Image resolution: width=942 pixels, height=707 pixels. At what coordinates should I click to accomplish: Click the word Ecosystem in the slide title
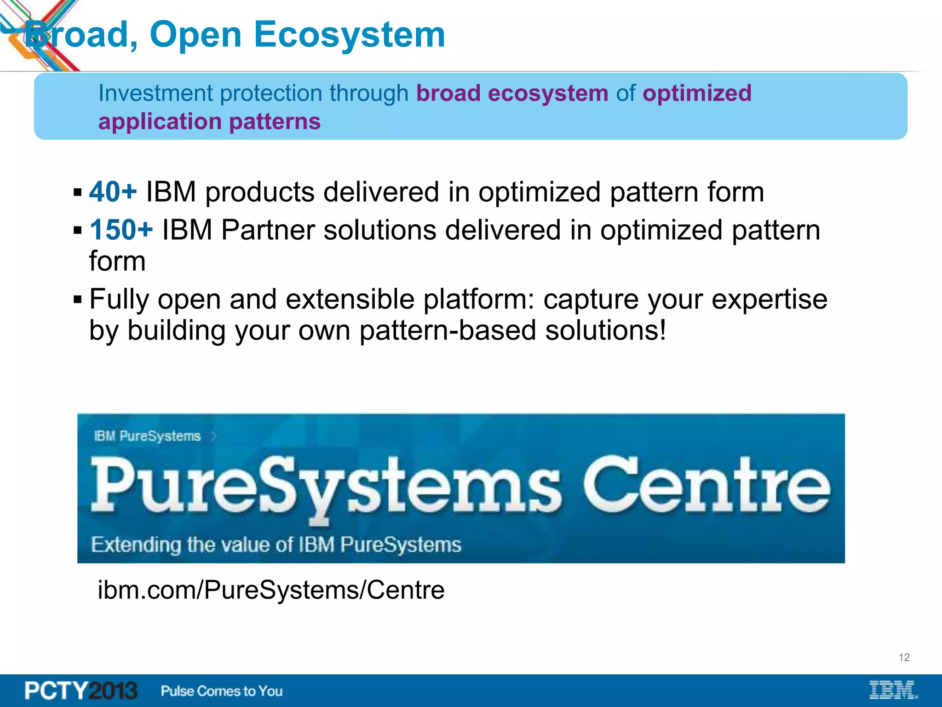(350, 35)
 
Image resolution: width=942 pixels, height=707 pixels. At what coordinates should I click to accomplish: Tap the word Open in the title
(195, 35)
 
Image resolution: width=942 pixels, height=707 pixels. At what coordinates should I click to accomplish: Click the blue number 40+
(113, 191)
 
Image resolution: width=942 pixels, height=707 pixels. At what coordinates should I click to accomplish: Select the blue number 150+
(121, 230)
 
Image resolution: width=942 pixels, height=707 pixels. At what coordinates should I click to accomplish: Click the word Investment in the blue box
(155, 93)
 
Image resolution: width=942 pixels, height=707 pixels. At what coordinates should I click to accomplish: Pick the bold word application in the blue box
(160, 122)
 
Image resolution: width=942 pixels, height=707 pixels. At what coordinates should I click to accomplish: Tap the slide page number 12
(904, 657)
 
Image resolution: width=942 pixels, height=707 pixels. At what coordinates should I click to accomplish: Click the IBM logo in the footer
(893, 690)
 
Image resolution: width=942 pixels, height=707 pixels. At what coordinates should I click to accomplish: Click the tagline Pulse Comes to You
(222, 691)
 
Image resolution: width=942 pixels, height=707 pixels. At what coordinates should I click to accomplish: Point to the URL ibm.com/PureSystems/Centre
(271, 590)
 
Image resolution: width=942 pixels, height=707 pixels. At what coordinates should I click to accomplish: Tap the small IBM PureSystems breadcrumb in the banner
(148, 436)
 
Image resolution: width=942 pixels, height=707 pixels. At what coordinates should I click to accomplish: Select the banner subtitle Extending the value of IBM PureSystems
(276, 545)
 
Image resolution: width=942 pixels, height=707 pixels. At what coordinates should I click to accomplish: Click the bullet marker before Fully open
(77, 300)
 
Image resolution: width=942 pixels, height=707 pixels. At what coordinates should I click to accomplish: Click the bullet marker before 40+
(77, 192)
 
